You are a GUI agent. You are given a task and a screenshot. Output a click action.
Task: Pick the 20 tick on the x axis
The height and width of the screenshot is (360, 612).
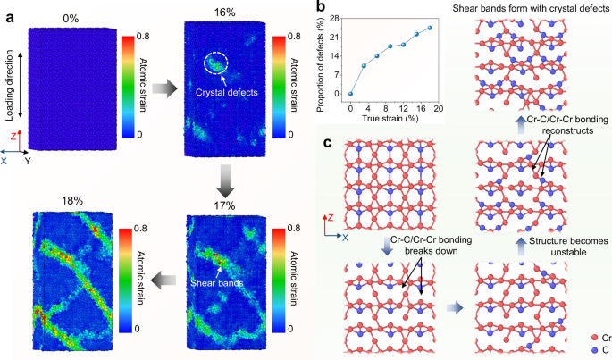point(443,106)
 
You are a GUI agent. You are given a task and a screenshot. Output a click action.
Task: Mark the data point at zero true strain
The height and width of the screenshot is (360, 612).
point(350,94)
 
